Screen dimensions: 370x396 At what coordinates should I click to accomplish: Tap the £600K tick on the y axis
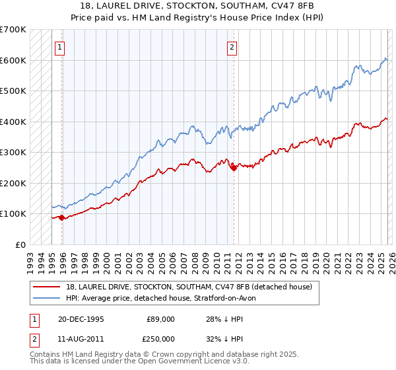click(x=13, y=60)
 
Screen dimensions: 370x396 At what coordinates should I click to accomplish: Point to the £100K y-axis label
click(x=13, y=213)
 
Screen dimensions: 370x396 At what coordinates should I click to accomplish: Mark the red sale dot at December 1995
click(x=61, y=217)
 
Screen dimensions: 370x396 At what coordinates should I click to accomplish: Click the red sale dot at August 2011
click(x=233, y=168)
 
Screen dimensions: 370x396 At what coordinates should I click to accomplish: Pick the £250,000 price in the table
click(x=160, y=338)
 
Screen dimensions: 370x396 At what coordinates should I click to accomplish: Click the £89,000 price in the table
click(x=160, y=318)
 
